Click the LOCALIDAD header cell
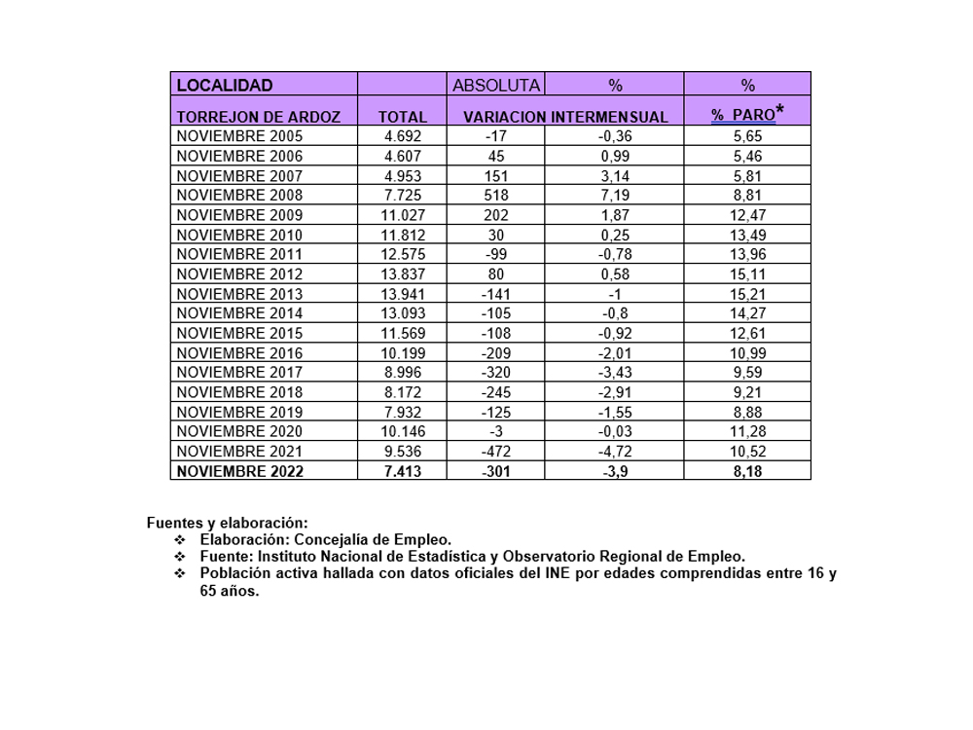225,86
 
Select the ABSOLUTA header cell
495,86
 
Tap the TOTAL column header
402,117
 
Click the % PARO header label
742,115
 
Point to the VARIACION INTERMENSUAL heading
565,117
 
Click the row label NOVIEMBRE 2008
240,196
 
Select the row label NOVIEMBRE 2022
240,471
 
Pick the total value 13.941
402,294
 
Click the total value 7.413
402,471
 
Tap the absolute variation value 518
496,196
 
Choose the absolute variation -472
496,452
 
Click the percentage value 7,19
614,196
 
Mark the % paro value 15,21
747,294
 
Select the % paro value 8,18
747,471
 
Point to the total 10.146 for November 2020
402,431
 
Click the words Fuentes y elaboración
227,523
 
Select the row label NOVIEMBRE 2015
240,333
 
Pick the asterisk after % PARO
780,111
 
